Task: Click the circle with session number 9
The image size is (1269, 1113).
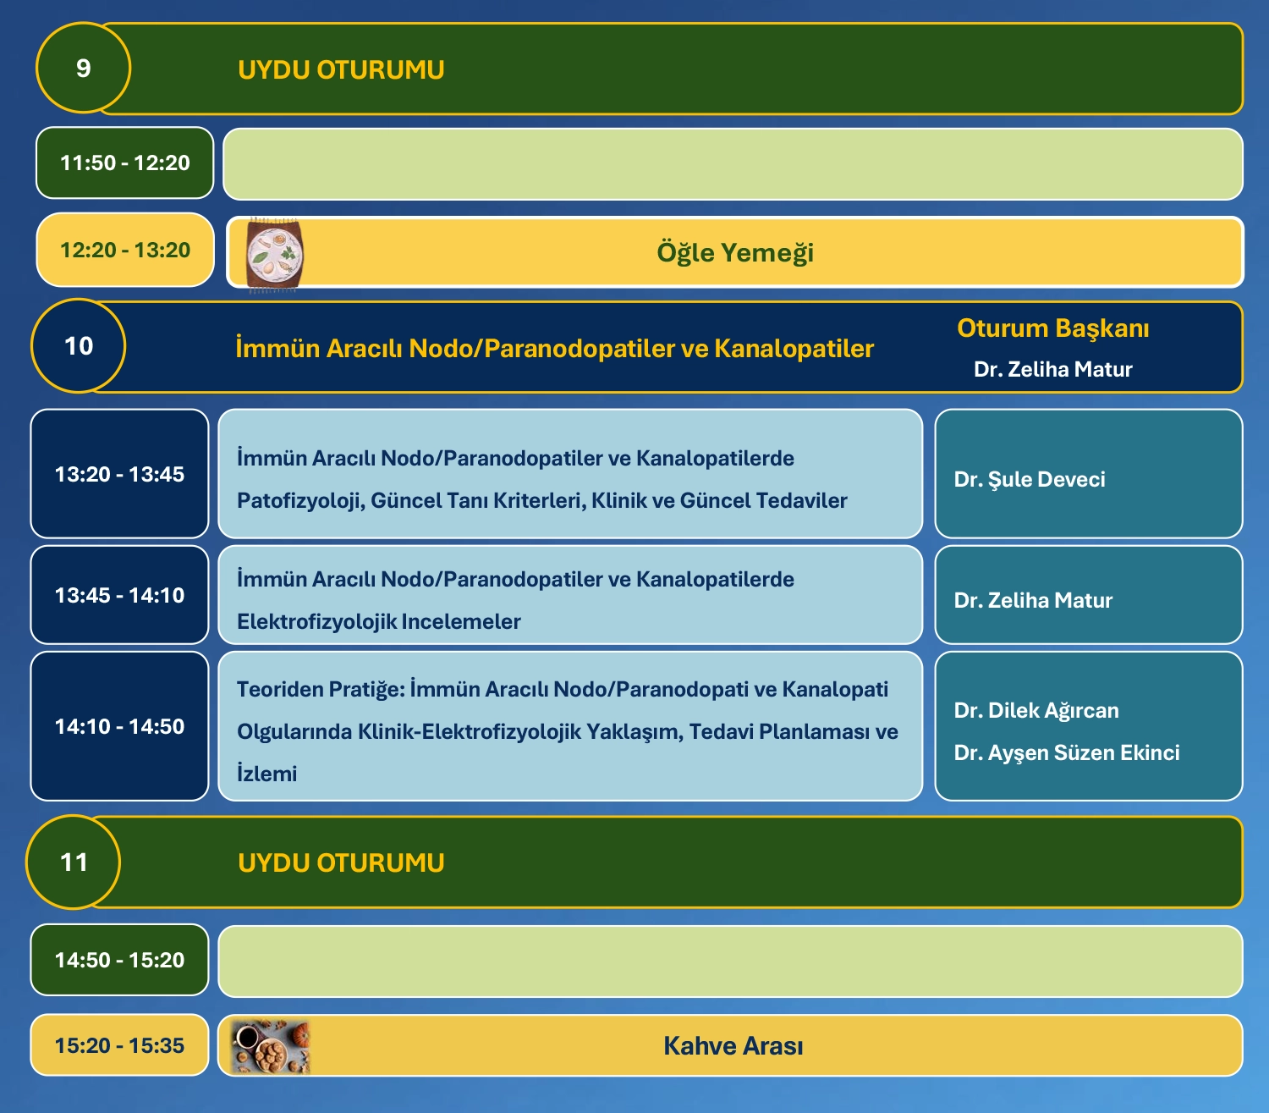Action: tap(83, 68)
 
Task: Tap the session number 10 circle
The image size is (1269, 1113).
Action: tap(79, 346)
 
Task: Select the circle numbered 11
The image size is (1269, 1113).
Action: tap(74, 862)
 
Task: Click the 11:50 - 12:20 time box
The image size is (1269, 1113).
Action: tap(124, 163)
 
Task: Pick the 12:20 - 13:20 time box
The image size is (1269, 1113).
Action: tap(125, 250)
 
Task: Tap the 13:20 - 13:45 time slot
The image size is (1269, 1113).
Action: tap(119, 474)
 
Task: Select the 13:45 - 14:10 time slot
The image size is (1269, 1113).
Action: tap(119, 595)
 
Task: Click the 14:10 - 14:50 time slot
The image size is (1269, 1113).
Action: tap(119, 726)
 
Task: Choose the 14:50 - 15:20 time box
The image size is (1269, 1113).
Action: tap(119, 960)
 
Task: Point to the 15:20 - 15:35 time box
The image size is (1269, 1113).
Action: tap(119, 1045)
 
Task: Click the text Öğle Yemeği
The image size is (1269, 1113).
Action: tap(735, 252)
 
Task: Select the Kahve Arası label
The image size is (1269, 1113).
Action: tap(733, 1046)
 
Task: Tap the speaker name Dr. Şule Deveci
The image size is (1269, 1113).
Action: tap(1029, 479)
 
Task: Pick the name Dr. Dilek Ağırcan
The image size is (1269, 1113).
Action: tap(1036, 711)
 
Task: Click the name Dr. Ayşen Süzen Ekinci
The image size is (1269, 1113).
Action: tap(1067, 752)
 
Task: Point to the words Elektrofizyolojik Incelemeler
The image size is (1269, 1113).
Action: tap(379, 622)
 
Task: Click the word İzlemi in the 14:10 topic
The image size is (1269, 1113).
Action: tap(266, 774)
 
